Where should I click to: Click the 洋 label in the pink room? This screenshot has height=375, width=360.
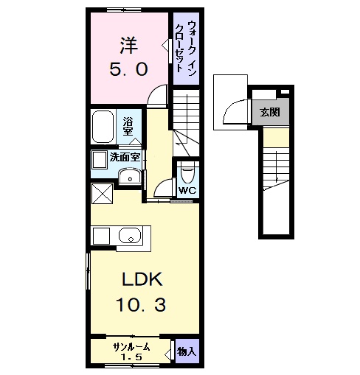coord(128,46)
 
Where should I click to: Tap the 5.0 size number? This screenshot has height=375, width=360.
coord(128,69)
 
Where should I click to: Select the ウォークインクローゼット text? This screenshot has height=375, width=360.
coord(186,48)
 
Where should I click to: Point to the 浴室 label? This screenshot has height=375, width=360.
coord(128,126)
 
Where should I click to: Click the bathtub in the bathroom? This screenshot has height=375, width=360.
coord(103,127)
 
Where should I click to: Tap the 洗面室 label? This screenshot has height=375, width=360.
coord(125,157)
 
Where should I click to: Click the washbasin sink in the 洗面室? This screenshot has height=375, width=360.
coord(130,176)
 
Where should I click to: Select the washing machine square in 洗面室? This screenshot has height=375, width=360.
coord(100,160)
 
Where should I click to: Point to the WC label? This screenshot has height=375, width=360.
coord(187,190)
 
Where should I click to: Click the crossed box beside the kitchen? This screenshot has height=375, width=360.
coord(103,194)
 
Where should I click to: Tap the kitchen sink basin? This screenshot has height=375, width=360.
coord(130,235)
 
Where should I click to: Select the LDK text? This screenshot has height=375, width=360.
coord(142,279)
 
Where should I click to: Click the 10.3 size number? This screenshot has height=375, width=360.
coord(141,305)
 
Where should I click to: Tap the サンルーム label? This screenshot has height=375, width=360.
coord(131,347)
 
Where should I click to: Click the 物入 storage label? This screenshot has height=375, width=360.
coord(187,351)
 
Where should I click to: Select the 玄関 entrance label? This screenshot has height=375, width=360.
coord(270,112)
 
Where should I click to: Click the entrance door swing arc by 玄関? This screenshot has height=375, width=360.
coord(231,106)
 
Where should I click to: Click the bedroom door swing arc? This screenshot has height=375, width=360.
coord(153,90)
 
